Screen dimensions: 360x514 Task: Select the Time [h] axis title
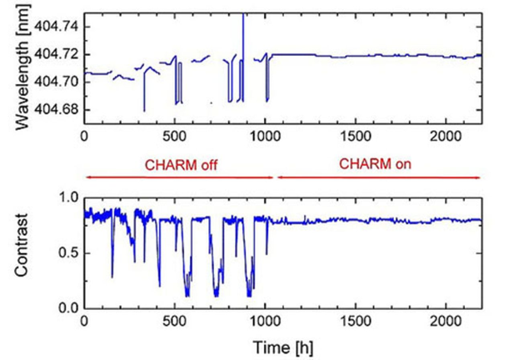[x=282, y=343]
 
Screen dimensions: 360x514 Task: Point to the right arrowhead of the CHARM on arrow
[x=478, y=177]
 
